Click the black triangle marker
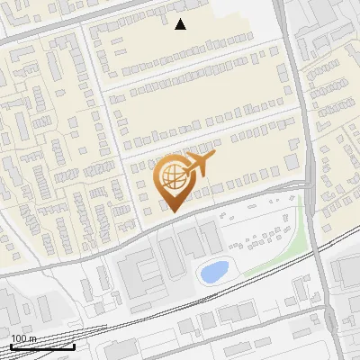coord(181,24)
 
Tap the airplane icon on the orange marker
coord(199,165)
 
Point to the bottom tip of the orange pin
coord(173,211)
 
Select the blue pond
coord(213,270)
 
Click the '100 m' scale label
coord(24,338)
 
